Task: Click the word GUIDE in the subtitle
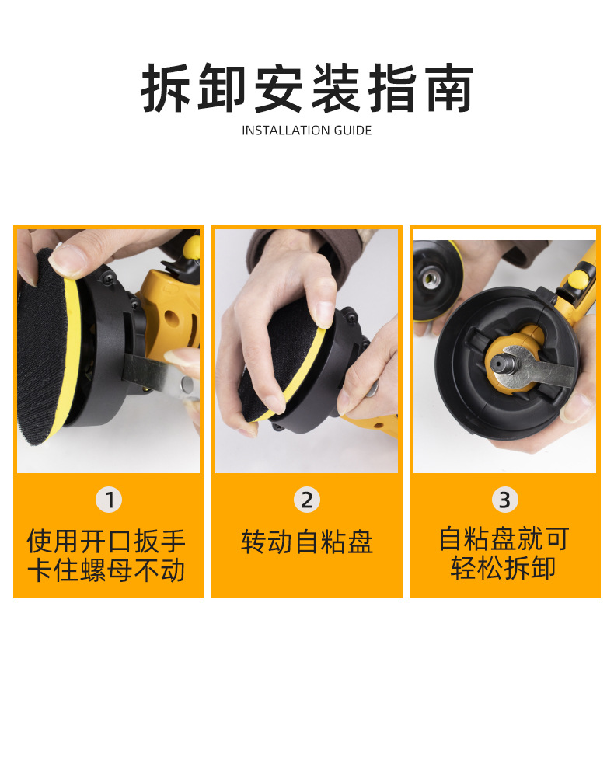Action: [x=352, y=131]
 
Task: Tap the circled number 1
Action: [x=109, y=500]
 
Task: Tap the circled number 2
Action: [x=307, y=500]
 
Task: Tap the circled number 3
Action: [x=505, y=500]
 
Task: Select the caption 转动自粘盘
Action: [x=307, y=541]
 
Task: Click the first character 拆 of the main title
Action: [x=166, y=89]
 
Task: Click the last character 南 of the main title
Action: [x=449, y=89]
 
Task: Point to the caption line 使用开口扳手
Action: [x=106, y=541]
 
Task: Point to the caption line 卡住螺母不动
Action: [x=106, y=570]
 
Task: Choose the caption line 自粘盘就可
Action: [x=504, y=538]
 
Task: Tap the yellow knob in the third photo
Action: [x=578, y=279]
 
